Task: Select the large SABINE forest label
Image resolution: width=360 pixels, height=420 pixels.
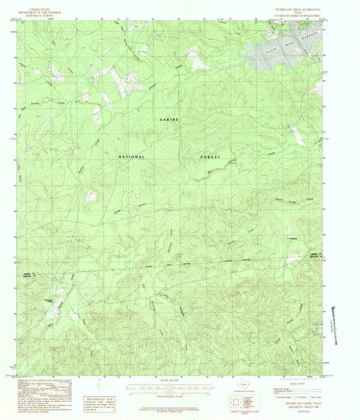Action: [169, 120]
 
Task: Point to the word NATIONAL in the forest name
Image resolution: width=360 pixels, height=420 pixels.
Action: [132, 157]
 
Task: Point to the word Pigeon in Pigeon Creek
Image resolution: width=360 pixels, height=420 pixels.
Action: [23, 59]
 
